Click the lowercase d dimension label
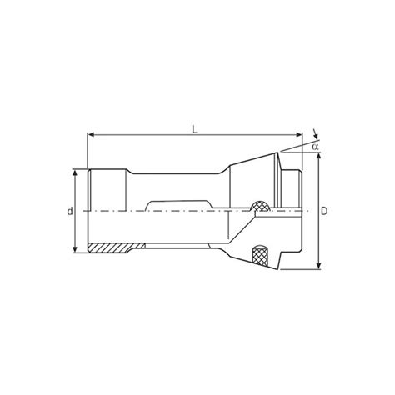point(69,212)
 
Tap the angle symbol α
point(317,147)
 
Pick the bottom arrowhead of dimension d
point(77,250)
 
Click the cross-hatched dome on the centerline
point(261,204)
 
